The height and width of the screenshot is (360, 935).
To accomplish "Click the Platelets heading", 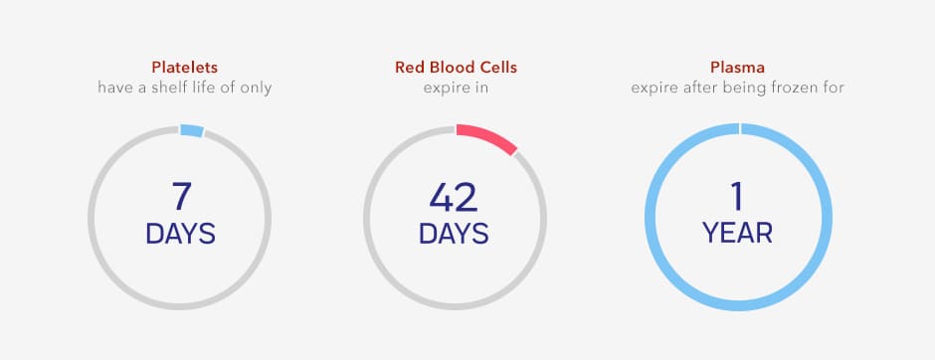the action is tap(184, 67).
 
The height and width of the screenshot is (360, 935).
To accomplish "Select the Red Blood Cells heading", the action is tap(456, 67).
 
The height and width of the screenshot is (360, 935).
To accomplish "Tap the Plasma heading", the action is tap(738, 67).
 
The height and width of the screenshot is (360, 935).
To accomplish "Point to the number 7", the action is tap(182, 197).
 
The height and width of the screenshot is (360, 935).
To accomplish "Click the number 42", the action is tap(454, 197).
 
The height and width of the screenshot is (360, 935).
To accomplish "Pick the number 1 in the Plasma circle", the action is tap(737, 197).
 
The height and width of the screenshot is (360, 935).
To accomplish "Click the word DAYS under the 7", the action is tap(181, 234).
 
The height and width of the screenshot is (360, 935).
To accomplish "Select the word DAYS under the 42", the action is tap(454, 234).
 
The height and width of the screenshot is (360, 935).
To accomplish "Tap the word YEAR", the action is tap(738, 233).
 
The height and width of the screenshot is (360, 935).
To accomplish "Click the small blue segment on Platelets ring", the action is tap(192, 130).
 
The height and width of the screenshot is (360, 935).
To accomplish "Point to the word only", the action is tap(257, 89).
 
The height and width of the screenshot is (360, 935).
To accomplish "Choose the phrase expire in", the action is tap(456, 89).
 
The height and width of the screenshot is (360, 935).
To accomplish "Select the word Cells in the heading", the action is tap(498, 67).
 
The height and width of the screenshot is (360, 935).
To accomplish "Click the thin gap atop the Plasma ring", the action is tap(739, 128).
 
